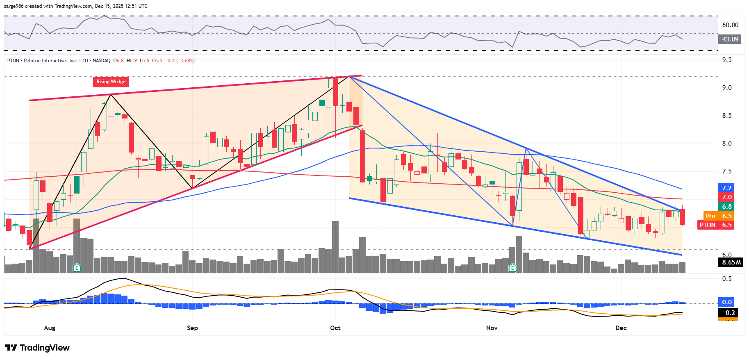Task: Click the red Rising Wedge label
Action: point(111,82)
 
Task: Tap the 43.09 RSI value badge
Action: point(730,39)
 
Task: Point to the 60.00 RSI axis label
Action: point(730,25)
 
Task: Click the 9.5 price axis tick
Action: point(727,60)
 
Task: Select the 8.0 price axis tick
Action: point(727,144)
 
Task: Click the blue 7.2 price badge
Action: point(727,188)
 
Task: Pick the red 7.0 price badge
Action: point(727,197)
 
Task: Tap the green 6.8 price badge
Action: point(727,207)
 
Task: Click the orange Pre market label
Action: point(710,216)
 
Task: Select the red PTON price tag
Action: point(708,225)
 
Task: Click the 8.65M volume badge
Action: point(731,262)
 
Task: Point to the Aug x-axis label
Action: point(50,328)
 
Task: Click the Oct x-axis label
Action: point(335,328)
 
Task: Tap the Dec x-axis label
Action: point(621,328)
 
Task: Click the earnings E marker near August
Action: point(76,268)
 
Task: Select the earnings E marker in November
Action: point(512,268)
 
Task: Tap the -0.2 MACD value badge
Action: point(728,313)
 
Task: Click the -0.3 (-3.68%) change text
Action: point(180,61)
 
